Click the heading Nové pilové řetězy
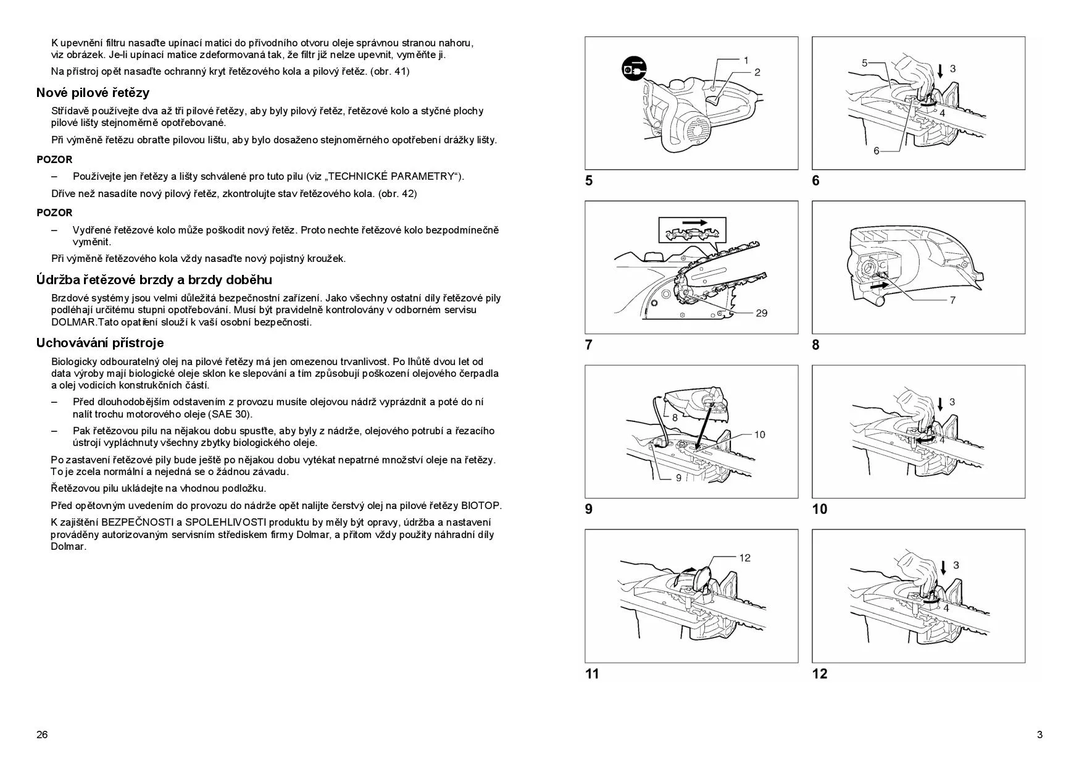93,93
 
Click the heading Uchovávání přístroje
99,343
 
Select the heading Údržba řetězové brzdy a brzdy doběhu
154,280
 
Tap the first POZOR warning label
54,159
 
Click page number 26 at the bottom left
42,734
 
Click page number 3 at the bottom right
1039,734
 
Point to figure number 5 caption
589,180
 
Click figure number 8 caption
815,345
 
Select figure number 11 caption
591,673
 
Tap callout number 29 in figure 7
761,313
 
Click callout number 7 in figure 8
952,300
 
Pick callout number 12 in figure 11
744,558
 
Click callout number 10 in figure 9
759,434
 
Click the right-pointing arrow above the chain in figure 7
694,221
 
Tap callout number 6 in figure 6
876,151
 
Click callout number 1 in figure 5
746,61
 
